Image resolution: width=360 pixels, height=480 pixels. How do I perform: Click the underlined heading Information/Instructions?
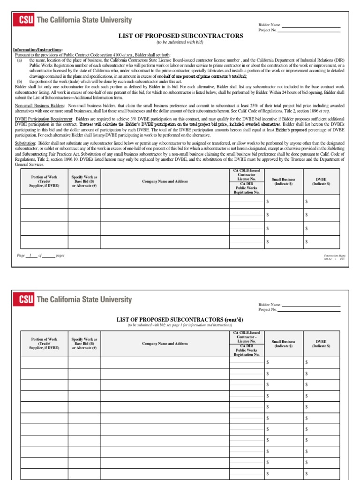[x=37, y=50]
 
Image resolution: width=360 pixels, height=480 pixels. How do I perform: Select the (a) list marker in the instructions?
[x=20, y=60]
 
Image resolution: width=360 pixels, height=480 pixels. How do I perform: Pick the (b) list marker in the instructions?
[x=20, y=81]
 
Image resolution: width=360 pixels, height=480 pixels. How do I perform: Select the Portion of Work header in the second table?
[x=44, y=343]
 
